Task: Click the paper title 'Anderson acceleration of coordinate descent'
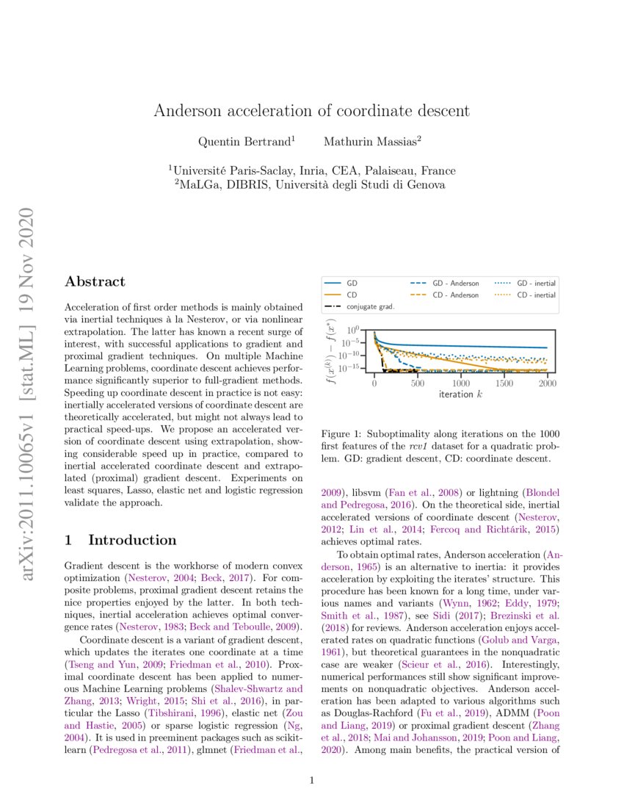click(x=311, y=111)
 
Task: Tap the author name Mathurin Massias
click(x=372, y=140)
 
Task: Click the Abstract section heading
click(x=95, y=281)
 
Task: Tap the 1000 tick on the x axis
click(x=461, y=383)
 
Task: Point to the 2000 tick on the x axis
click(x=547, y=383)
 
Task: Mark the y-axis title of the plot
click(x=333, y=351)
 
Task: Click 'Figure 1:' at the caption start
click(x=344, y=435)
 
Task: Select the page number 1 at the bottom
click(x=312, y=781)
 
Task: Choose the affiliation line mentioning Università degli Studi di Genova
click(x=311, y=185)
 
